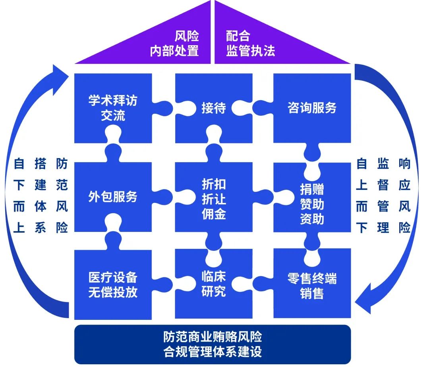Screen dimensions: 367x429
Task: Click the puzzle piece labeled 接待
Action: pyautogui.click(x=214, y=108)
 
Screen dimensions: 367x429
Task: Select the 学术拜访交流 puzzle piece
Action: pyautogui.click(x=113, y=108)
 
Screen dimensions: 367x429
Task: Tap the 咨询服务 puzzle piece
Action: pyautogui.click(x=312, y=108)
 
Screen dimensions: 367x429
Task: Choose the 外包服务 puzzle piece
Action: pyautogui.click(x=113, y=197)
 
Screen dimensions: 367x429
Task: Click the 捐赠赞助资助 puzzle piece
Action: pyautogui.click(x=312, y=204)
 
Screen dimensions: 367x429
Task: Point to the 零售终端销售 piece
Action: pyautogui.click(x=312, y=285)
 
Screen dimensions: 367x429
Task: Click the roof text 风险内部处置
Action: pyautogui.click(x=175, y=44)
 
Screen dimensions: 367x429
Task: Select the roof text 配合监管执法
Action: pyautogui.click(x=250, y=44)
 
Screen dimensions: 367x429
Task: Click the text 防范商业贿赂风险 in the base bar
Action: pyautogui.click(x=213, y=337)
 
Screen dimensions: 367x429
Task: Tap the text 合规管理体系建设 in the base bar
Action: pyautogui.click(x=213, y=352)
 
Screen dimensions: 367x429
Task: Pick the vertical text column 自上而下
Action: pyautogui.click(x=361, y=196)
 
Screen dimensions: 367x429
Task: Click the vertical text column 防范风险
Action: pyautogui.click(x=62, y=196)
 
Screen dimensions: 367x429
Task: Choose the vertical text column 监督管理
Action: pyautogui.click(x=383, y=196)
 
